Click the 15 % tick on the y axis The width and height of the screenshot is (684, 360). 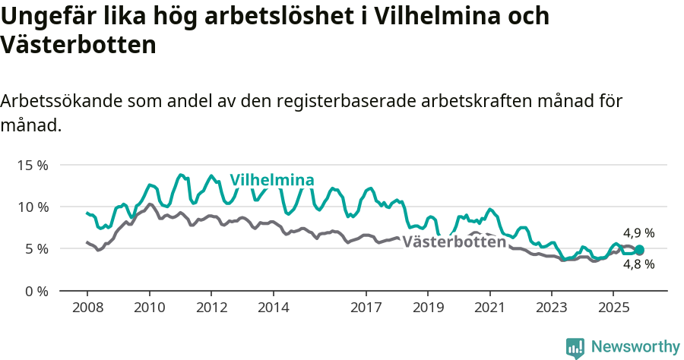point(33,165)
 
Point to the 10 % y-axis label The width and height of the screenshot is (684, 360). point(33,207)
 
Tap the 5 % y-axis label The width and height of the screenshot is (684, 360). point(37,249)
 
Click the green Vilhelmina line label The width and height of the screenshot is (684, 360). point(272,180)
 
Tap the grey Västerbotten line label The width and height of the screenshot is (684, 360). point(454,242)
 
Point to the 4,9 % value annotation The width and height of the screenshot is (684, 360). point(638,233)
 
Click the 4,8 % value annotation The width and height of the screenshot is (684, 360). point(638,265)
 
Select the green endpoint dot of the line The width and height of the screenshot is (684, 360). point(639,250)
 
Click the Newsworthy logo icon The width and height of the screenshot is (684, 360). point(575,347)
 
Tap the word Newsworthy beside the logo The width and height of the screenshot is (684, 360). point(635,347)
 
